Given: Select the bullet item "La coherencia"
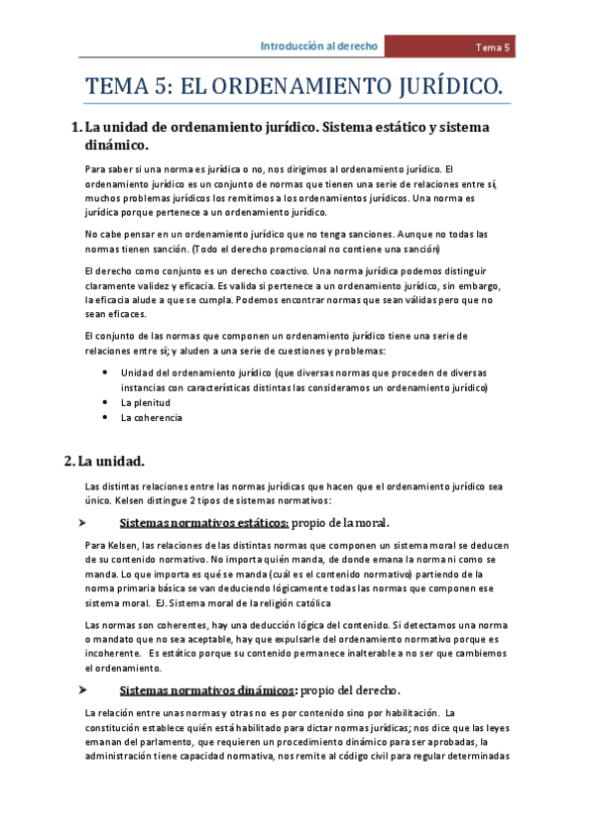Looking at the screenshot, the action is pos(151,418).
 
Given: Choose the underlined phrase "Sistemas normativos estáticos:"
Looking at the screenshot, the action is pos(204,523).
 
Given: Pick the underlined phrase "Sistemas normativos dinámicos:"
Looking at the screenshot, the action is pos(208,689).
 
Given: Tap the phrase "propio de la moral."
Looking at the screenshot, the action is pos(341,523).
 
